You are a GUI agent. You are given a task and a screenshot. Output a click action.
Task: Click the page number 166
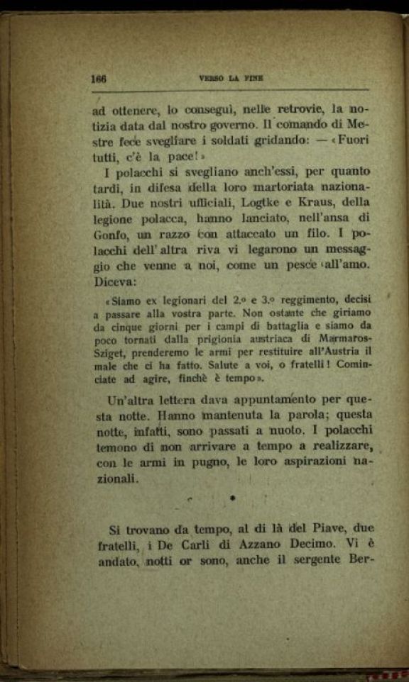pos(99,79)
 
